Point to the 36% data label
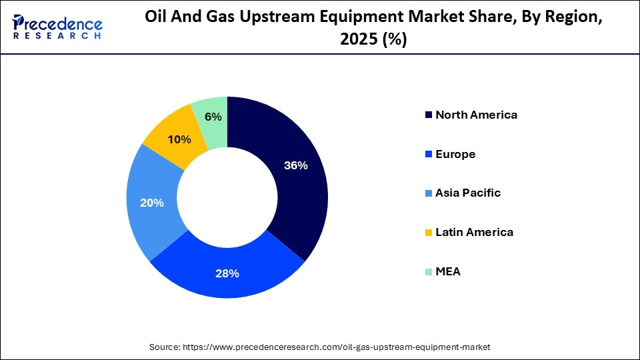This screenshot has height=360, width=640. pyautogui.click(x=295, y=165)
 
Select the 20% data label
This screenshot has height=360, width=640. pyautogui.click(x=152, y=203)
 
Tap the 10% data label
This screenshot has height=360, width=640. pyautogui.click(x=179, y=139)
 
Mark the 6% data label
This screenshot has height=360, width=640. pyautogui.click(x=213, y=117)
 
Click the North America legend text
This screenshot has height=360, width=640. pyautogui.click(x=476, y=115)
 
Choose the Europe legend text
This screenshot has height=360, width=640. pyautogui.click(x=455, y=154)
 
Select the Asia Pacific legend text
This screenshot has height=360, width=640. pyautogui.click(x=467, y=193)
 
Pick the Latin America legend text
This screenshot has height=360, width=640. pyautogui.click(x=474, y=232)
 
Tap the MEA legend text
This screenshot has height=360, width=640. pyautogui.click(x=448, y=271)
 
